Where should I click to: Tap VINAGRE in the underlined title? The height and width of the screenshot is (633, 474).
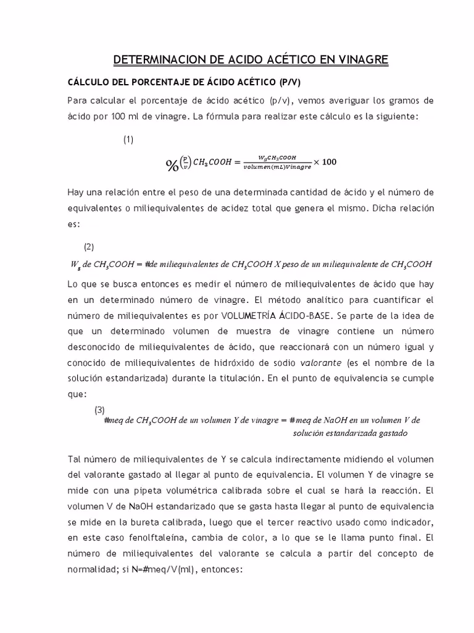360,59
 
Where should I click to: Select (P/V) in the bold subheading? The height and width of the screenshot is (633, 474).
285,82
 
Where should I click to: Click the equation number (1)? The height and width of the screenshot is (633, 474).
128,140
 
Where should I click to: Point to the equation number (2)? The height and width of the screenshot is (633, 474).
89,247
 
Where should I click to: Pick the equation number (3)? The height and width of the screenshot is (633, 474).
100,410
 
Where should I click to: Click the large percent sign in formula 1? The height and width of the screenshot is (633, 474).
172,164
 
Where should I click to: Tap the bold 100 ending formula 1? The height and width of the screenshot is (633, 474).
330,162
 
